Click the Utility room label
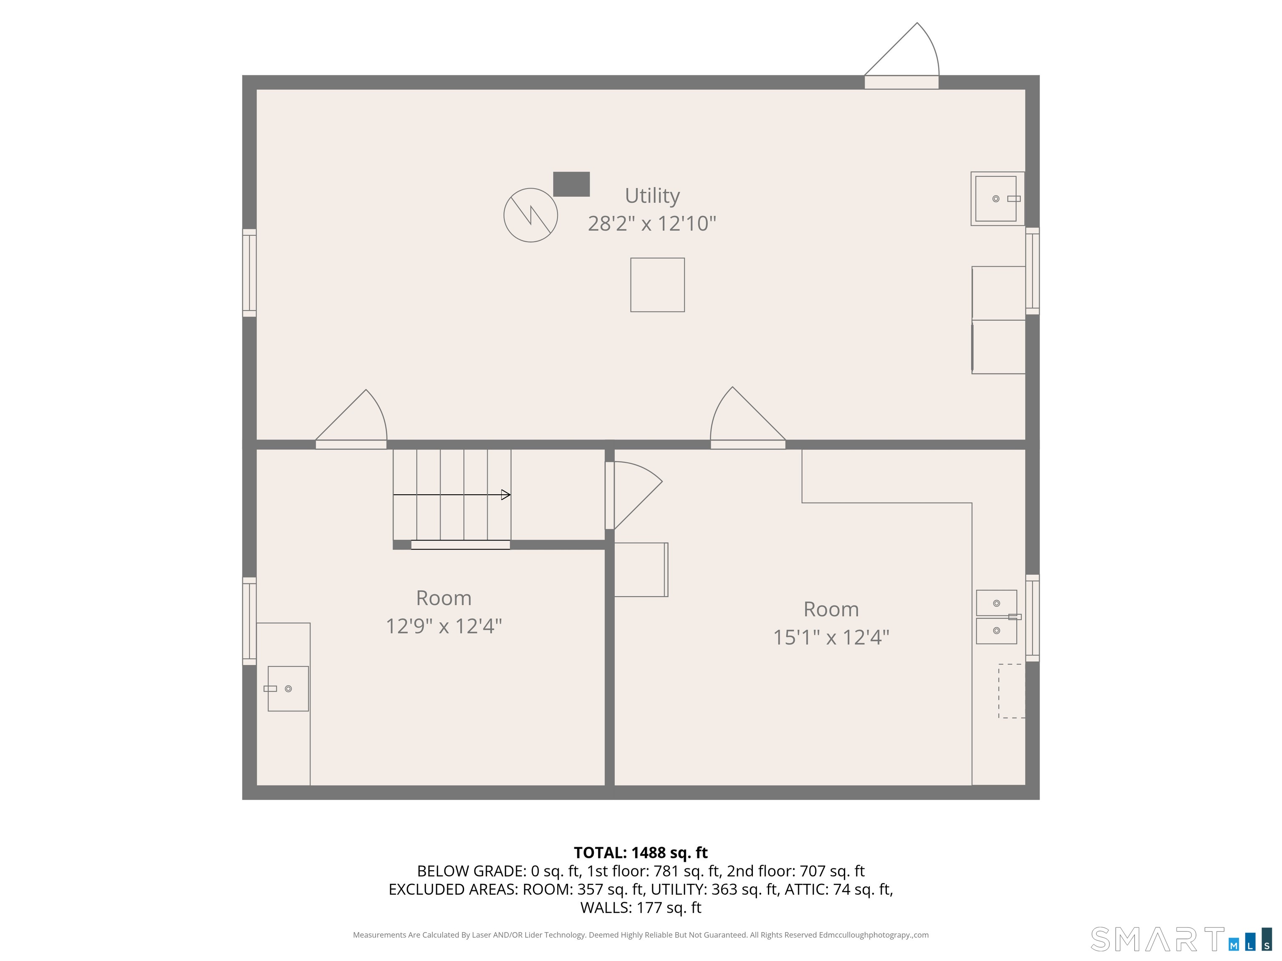point(652,196)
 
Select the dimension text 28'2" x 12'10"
point(652,224)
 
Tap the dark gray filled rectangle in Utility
point(571,184)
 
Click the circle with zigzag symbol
point(530,215)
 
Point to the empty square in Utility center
point(657,285)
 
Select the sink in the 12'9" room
point(288,689)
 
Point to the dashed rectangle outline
point(1011,691)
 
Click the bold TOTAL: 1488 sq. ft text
point(641,853)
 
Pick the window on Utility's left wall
point(249,273)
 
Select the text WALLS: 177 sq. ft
point(641,908)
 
